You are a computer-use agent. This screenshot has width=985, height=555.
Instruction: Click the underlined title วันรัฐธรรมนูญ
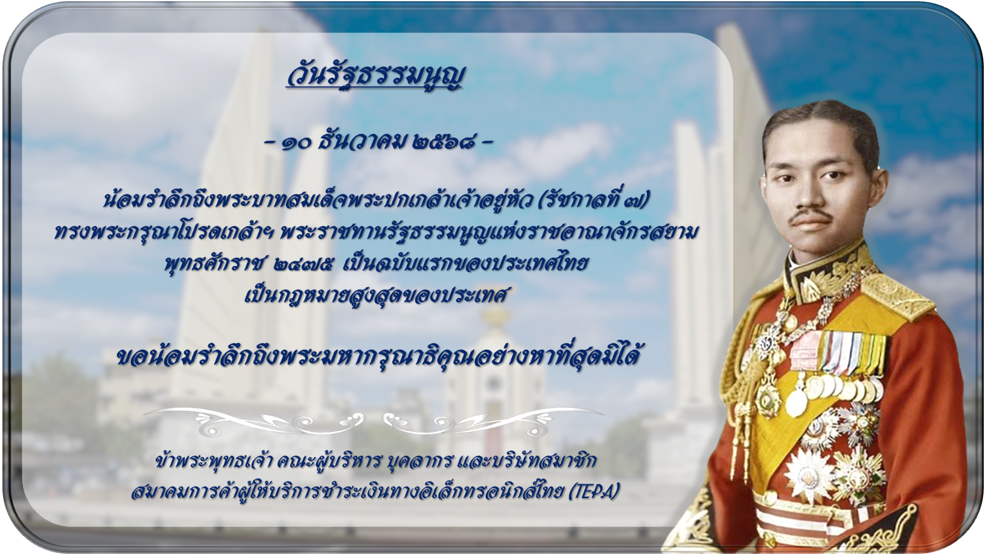pyautogui.click(x=375, y=77)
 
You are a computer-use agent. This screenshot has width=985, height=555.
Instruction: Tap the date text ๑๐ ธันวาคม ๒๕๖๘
pyautogui.click(x=378, y=142)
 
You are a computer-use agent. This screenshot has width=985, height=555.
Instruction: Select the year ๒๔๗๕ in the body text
pyautogui.click(x=302, y=264)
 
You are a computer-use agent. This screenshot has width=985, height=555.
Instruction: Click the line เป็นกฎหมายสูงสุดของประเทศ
pyautogui.click(x=377, y=296)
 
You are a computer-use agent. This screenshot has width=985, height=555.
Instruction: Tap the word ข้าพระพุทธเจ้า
pyautogui.click(x=215, y=461)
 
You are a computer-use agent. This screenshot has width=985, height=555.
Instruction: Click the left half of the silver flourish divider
pyautogui.click(x=255, y=421)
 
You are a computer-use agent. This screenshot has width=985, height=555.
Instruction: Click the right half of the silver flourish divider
pyautogui.click(x=492, y=421)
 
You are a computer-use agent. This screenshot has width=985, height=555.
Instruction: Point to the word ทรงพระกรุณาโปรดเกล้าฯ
pyautogui.click(x=164, y=233)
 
